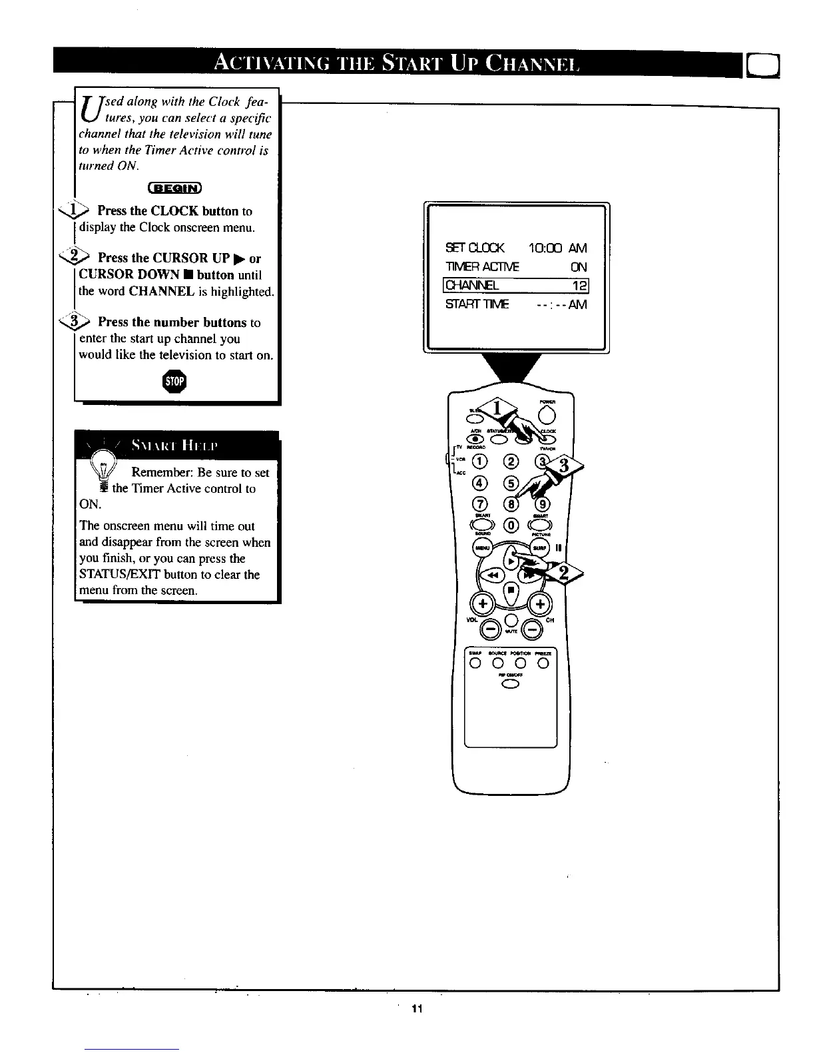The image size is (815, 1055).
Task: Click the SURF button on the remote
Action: click(x=539, y=547)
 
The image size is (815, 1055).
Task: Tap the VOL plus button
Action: click(x=482, y=604)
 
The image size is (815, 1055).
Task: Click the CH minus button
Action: click(x=532, y=628)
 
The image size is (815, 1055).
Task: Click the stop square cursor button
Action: click(x=510, y=589)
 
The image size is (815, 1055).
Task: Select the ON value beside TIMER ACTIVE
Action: click(x=579, y=267)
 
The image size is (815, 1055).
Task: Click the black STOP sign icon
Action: click(x=176, y=382)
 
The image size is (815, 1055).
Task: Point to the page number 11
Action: click(x=417, y=1008)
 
